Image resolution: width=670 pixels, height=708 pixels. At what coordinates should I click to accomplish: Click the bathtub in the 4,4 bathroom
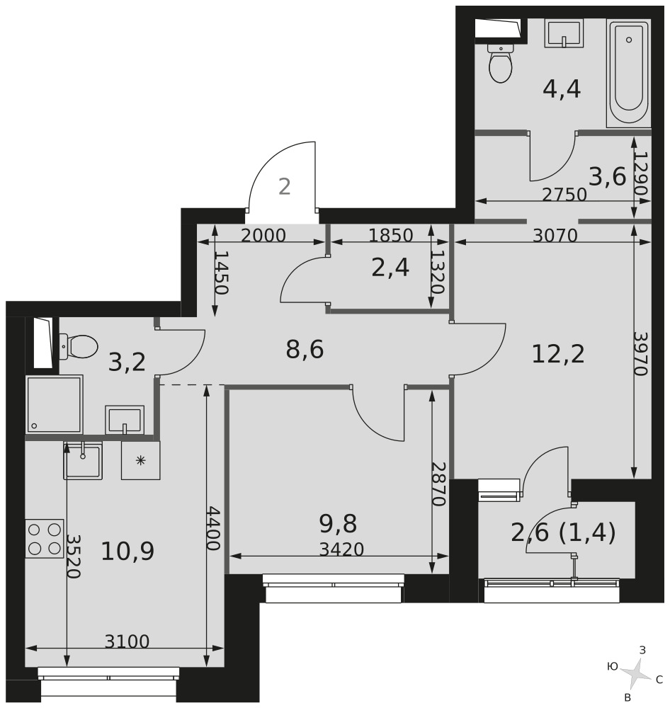point(628,73)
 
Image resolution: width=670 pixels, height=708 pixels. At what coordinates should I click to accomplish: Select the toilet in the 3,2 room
point(78,346)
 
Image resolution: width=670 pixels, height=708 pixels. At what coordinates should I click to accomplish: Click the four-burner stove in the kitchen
point(45,538)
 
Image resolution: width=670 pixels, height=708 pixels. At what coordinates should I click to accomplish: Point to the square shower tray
point(55,404)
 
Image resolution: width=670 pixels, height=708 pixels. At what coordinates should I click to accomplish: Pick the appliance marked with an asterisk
point(140,460)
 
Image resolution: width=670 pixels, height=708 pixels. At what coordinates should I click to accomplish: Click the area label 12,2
point(558,353)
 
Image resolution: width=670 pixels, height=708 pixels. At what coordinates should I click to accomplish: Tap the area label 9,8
point(338,524)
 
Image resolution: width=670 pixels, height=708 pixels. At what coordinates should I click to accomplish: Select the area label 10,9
point(127,552)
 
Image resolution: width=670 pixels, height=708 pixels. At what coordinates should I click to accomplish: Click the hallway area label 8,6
point(305,350)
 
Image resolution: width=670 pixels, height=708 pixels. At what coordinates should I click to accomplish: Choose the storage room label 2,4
point(390,268)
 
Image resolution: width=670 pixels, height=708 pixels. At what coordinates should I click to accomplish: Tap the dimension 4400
point(212,528)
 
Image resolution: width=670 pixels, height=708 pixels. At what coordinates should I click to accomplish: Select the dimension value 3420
point(341,549)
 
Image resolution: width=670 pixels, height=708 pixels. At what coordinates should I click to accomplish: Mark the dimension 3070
point(555,235)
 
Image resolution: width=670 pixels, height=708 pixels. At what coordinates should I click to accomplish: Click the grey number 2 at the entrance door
point(284,186)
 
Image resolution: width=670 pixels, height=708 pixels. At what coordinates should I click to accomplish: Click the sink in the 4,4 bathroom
point(564,33)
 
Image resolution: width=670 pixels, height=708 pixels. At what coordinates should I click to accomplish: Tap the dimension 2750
point(564,194)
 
